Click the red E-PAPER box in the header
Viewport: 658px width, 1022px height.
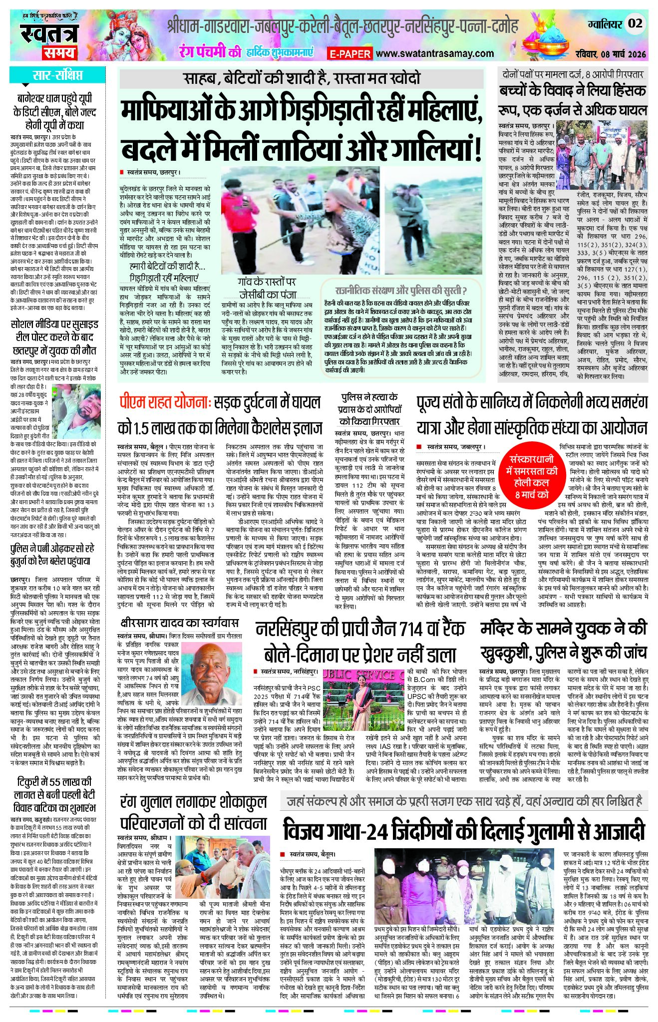tap(349, 53)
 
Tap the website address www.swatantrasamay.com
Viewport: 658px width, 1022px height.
tap(434, 53)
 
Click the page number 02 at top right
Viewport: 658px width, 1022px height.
tap(635, 23)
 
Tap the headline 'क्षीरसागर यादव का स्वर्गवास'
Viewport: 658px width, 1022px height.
tap(179, 623)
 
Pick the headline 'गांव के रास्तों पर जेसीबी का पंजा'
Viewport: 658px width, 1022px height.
tap(267, 288)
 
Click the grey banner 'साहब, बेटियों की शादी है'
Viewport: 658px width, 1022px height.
tap(302, 78)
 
